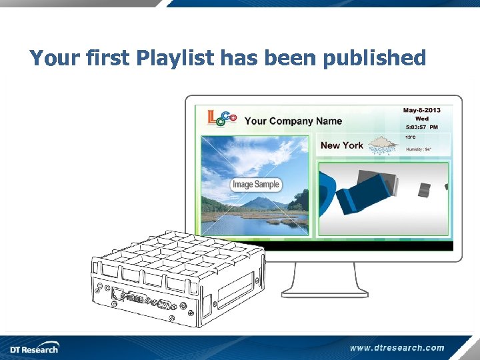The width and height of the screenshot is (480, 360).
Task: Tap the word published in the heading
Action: pyautogui.click(x=374, y=59)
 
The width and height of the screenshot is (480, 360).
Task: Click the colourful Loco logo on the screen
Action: pyautogui.click(x=222, y=119)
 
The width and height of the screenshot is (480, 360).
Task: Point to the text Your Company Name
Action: pyautogui.click(x=293, y=121)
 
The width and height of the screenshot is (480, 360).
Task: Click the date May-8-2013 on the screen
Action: pyautogui.click(x=421, y=110)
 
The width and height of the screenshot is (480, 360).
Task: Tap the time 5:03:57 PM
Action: pyautogui.click(x=421, y=127)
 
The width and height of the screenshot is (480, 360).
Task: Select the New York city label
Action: pyautogui.click(x=341, y=145)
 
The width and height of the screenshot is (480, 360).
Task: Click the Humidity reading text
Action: pyautogui.click(x=419, y=149)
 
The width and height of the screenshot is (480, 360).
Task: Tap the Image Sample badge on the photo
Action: pyautogui.click(x=256, y=185)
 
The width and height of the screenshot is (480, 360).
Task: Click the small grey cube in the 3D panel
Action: pyautogui.click(x=424, y=191)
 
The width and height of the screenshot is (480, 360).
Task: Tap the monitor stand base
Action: pyautogui.click(x=325, y=291)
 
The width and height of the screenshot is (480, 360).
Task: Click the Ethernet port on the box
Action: pyautogui.click(x=117, y=294)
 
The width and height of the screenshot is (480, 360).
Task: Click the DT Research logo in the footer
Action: pyautogui.click(x=34, y=348)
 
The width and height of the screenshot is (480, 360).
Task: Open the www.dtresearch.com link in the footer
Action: pyautogui.click(x=397, y=347)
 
